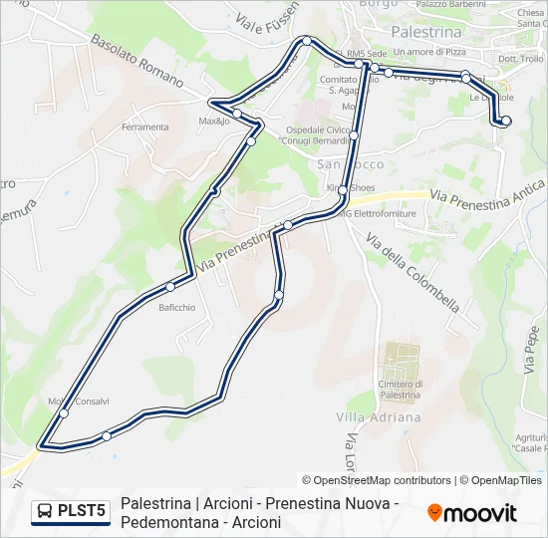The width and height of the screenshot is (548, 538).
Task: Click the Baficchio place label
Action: pos(176,307)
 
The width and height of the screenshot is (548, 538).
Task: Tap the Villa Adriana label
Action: pos(364,415)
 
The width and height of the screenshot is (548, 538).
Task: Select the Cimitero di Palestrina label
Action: pos(400,390)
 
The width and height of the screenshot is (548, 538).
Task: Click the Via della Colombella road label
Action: pos(411,270)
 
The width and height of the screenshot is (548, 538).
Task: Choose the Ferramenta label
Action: pos(144,128)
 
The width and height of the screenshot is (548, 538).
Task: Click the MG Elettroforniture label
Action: pos(380,212)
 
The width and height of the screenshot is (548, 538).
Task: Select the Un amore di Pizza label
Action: pos(429,51)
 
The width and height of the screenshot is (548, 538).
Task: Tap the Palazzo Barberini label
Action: pos(450,4)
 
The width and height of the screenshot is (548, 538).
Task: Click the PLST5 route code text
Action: pos(82,511)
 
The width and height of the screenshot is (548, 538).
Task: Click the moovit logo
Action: pos(472,513)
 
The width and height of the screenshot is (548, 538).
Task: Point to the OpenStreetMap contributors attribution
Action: pos(377,480)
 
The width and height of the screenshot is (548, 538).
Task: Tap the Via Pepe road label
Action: pos(530,350)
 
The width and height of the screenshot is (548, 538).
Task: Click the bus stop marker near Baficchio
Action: pos(170,287)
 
